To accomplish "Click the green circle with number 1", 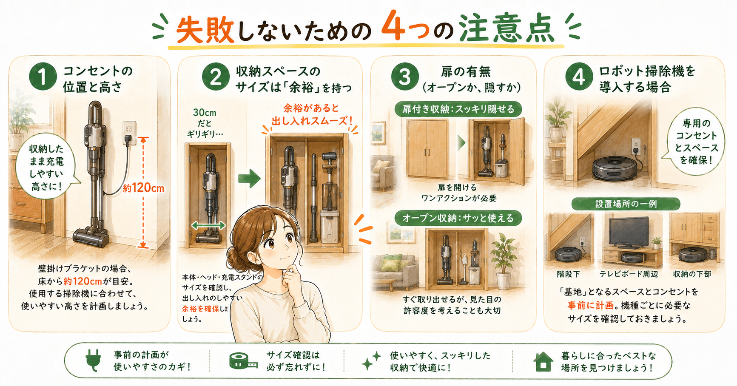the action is click(x=43, y=77).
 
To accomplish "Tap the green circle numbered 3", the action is click(x=405, y=77).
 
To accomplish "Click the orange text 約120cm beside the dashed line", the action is click(x=143, y=187).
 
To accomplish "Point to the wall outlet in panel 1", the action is click(x=129, y=133).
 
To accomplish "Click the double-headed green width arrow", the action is click(x=208, y=225).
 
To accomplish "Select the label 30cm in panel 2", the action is click(x=205, y=113).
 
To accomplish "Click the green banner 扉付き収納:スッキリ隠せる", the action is click(x=458, y=109).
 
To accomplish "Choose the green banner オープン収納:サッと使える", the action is click(x=458, y=218).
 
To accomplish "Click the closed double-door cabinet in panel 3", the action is click(x=427, y=148).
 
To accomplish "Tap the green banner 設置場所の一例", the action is click(x=626, y=204).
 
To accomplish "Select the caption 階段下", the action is click(x=569, y=274).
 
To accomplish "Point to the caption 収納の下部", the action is click(x=692, y=274).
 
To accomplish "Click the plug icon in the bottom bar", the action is click(x=94, y=360).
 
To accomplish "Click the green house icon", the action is click(x=543, y=361).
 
